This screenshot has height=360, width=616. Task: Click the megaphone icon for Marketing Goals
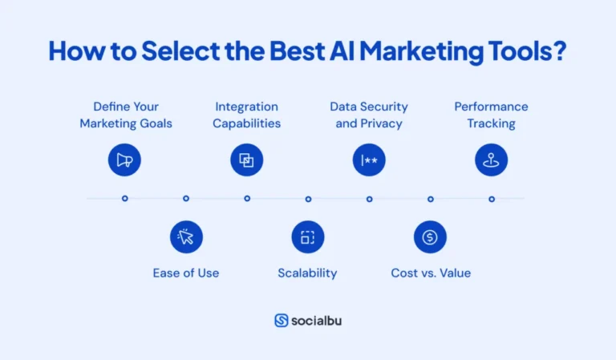pyautogui.click(x=124, y=160)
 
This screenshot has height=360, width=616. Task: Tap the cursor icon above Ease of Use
pyautogui.click(x=186, y=237)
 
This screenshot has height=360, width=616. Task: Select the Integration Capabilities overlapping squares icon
pyautogui.click(x=247, y=160)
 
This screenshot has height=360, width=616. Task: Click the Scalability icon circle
pyautogui.click(x=307, y=237)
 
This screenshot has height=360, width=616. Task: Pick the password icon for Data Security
pyautogui.click(x=369, y=160)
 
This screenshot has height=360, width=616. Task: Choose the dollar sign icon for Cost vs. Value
pyautogui.click(x=430, y=237)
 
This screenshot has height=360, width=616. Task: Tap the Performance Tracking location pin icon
pyautogui.click(x=491, y=160)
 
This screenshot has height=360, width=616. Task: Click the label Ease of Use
pyautogui.click(x=186, y=273)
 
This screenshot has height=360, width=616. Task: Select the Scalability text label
pyautogui.click(x=307, y=273)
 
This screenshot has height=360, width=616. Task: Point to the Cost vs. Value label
pyautogui.click(x=431, y=273)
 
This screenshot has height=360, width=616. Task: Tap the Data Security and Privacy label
pyautogui.click(x=369, y=115)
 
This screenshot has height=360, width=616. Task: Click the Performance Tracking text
pyautogui.click(x=491, y=115)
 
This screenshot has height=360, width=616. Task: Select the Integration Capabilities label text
pyautogui.click(x=247, y=115)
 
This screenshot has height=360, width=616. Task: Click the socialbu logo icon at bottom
pyautogui.click(x=282, y=320)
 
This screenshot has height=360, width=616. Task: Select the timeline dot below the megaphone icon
pyautogui.click(x=124, y=198)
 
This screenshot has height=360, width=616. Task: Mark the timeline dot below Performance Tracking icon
pyautogui.click(x=491, y=198)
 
